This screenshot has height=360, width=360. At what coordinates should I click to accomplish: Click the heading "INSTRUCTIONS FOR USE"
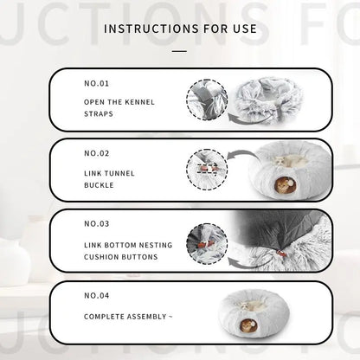click(x=180, y=29)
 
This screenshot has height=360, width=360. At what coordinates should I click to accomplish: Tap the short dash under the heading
click(x=179, y=51)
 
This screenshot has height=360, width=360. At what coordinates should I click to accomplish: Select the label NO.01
click(x=97, y=84)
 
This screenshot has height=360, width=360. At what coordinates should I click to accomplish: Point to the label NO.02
click(x=97, y=153)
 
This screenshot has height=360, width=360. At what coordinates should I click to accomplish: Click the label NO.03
click(x=97, y=224)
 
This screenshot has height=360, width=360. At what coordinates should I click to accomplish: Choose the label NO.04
click(x=97, y=296)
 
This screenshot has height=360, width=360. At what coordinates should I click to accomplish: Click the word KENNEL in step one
click(x=139, y=102)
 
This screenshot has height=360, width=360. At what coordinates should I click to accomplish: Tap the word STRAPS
click(x=99, y=114)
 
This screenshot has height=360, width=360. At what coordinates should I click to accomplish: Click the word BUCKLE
click(x=99, y=185)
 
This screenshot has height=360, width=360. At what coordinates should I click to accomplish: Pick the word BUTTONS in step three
click(x=141, y=257)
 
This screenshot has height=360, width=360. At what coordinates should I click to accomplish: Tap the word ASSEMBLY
click(x=147, y=317)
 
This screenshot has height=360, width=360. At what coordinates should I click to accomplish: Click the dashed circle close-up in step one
click(x=207, y=100)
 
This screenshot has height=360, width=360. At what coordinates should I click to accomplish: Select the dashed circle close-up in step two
click(x=207, y=170)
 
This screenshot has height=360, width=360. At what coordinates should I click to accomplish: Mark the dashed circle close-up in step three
click(x=207, y=243)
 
